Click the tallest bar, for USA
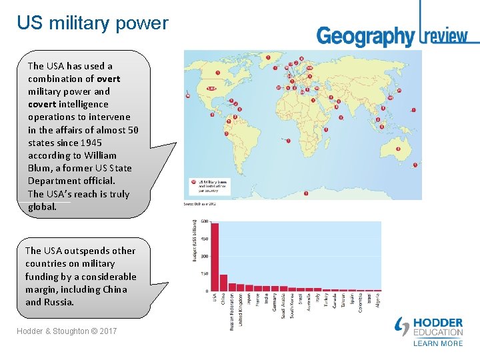point(215,257)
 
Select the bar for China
point(223,283)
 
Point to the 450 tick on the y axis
point(203,239)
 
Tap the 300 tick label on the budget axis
point(203,256)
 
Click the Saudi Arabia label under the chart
point(283,306)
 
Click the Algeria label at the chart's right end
point(378,301)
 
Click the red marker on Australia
point(398,149)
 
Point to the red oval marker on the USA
point(211,88)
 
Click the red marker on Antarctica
point(306,194)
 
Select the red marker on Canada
point(218,72)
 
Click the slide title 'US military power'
point(93,23)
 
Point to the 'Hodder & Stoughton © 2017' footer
point(67,331)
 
